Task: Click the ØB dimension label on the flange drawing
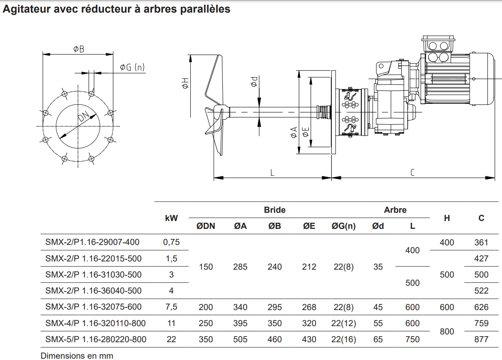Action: coord(79,49)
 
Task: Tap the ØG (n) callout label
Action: coord(132,67)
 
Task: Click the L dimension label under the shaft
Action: coord(272,172)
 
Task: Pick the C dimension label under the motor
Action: coord(412,172)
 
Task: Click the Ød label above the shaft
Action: coord(254,81)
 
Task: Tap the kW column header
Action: coord(172,218)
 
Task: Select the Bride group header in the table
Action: coord(275,210)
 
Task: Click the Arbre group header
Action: coord(395,210)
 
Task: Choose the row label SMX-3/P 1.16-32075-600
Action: coord(93,307)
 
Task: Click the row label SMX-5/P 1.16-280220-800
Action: coord(96,339)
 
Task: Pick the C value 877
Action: coord(481,339)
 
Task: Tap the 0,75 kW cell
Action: coord(172,242)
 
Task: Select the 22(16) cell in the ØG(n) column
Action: coord(343,339)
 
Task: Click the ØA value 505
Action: coord(240,339)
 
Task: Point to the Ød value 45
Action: coord(378,307)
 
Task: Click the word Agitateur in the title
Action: coord(25,9)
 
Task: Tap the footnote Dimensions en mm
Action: coord(77,356)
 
